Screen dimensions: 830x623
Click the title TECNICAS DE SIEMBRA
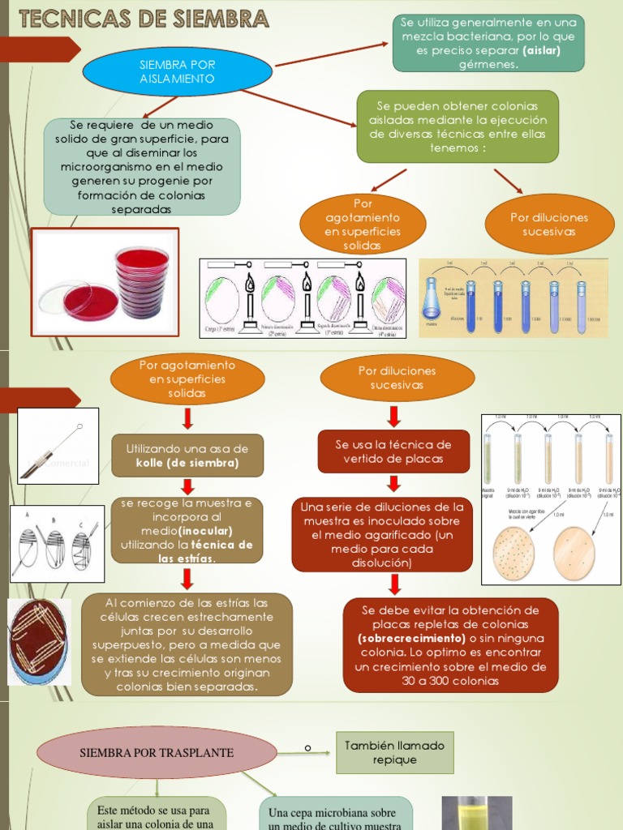[144, 18]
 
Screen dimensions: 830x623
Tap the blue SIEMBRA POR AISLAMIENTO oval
[177, 71]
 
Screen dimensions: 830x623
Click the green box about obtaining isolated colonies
[458, 126]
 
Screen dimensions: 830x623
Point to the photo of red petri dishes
[105, 282]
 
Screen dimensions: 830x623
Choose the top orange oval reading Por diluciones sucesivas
[549, 225]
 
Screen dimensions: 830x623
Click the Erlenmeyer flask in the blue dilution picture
[431, 300]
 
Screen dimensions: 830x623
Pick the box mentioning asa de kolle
[187, 456]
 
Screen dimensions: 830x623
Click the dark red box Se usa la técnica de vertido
[393, 451]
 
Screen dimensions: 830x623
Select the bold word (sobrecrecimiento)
[410, 639]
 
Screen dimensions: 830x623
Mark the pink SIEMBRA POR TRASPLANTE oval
[156, 753]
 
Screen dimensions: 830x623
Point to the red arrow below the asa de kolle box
[187, 486]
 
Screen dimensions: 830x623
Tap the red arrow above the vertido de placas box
[394, 417]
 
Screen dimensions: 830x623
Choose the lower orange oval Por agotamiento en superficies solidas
[187, 379]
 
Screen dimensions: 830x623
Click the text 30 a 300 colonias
[450, 681]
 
